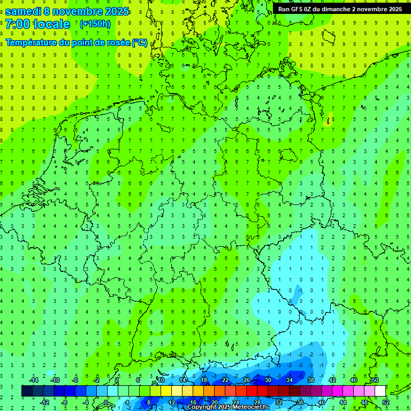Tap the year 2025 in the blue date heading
pos(117,11)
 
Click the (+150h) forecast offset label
pos(95,24)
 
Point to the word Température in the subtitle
pos(32,43)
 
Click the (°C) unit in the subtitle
pos(140,43)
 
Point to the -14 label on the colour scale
pos(35,380)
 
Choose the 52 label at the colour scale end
pos(386,402)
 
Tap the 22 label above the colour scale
pos(225,380)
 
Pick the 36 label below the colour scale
pos(300,402)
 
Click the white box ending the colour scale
pos(380,391)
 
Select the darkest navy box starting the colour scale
pos(27,391)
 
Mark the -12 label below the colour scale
pos(45,402)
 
